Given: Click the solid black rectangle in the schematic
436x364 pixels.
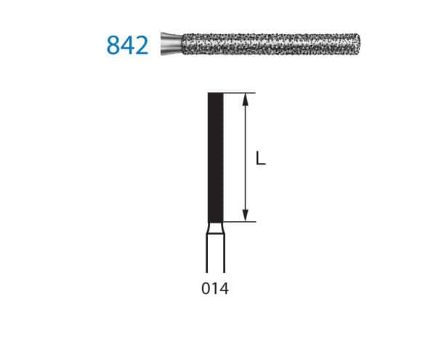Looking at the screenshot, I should click(216, 157).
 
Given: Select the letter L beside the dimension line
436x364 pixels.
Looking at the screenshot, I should click(261, 157).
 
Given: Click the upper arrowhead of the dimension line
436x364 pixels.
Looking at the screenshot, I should click(249, 100).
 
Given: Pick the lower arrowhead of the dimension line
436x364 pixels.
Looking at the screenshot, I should click(249, 215).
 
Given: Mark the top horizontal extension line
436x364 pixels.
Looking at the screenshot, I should click(240, 93).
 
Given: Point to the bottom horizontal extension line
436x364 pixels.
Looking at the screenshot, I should click(240, 222).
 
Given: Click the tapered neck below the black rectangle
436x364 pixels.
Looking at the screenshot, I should click(216, 229).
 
